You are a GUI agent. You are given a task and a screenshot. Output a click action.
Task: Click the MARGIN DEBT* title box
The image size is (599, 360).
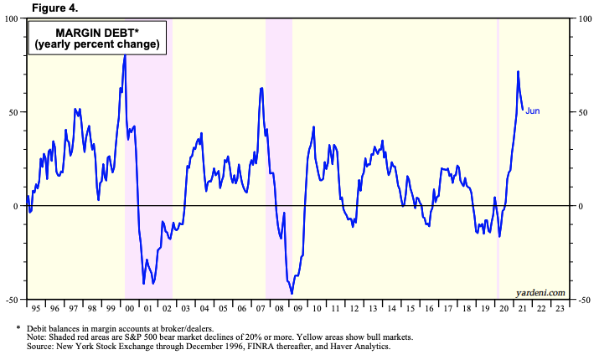(96, 37)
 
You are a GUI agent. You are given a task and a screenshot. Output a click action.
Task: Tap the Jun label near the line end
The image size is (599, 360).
(533, 111)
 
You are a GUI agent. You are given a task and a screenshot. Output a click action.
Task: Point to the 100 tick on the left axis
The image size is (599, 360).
(12, 18)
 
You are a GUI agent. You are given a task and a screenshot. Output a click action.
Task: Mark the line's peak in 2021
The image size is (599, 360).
(518, 72)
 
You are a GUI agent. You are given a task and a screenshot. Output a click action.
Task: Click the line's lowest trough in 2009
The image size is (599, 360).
(292, 293)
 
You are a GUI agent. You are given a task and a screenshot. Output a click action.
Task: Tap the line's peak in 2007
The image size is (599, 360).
(261, 87)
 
